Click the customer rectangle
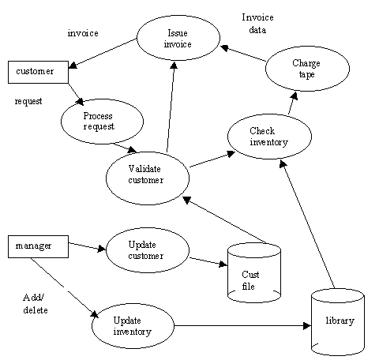(38, 72)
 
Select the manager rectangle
(38, 246)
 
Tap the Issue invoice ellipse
(178, 38)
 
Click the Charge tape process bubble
(307, 69)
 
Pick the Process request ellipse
(102, 122)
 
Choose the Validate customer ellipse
(148, 178)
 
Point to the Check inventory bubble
(269, 137)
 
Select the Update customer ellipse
(148, 250)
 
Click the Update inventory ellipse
(133, 326)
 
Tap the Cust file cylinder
(254, 272)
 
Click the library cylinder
(338, 322)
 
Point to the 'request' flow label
(28, 101)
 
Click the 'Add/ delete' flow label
(36, 304)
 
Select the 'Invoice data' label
(257, 24)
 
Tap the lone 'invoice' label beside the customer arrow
(83, 33)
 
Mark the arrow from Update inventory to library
(242, 326)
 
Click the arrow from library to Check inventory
(307, 224)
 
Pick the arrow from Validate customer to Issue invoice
(171, 107)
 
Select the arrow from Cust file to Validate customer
(225, 220)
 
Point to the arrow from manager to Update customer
(87, 246)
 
